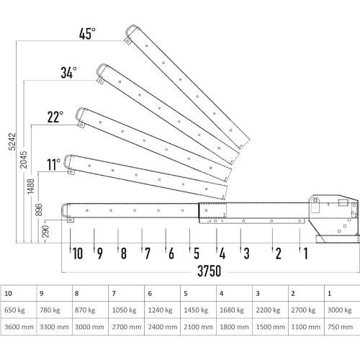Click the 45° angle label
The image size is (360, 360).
click(x=87, y=34)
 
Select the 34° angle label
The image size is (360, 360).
click(x=68, y=73)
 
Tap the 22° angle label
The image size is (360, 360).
click(x=55, y=117)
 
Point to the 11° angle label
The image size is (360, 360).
click(x=53, y=164)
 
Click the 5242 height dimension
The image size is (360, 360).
click(x=12, y=142)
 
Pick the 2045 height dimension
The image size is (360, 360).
click(x=23, y=160)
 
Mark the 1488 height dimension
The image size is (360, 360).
click(x=30, y=186)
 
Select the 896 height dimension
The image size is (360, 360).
click(x=38, y=210)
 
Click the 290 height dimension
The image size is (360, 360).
click(x=45, y=231)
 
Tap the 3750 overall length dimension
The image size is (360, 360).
click(x=210, y=271)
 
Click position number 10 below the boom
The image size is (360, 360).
click(x=78, y=253)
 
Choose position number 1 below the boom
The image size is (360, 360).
click(x=305, y=253)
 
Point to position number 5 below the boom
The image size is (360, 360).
click(x=197, y=253)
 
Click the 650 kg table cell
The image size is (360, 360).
click(x=14, y=310)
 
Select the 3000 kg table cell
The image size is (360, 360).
click(x=339, y=310)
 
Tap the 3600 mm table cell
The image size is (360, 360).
click(x=19, y=327)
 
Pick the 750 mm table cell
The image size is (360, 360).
click(x=340, y=327)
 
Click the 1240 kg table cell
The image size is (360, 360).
click(x=160, y=310)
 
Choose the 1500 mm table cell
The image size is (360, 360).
click(x=271, y=327)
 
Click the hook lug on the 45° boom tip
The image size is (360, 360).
click(x=128, y=41)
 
